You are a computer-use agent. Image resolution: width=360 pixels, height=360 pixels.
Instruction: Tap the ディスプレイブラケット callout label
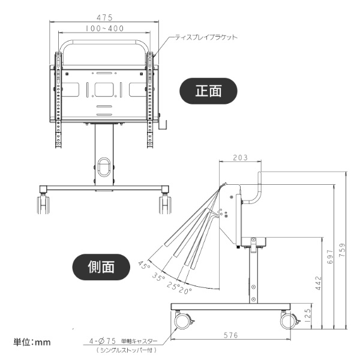coord(206,37)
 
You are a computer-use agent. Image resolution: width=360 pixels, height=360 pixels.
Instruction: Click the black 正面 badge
coord(209,91)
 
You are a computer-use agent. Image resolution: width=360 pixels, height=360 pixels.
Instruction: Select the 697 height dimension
coord(329,257)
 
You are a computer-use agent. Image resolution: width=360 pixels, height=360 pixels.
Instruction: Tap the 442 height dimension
coord(318,281)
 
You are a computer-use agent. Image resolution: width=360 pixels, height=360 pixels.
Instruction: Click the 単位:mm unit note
coord(33,342)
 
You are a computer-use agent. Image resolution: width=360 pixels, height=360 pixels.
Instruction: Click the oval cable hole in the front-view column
coord(104,166)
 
